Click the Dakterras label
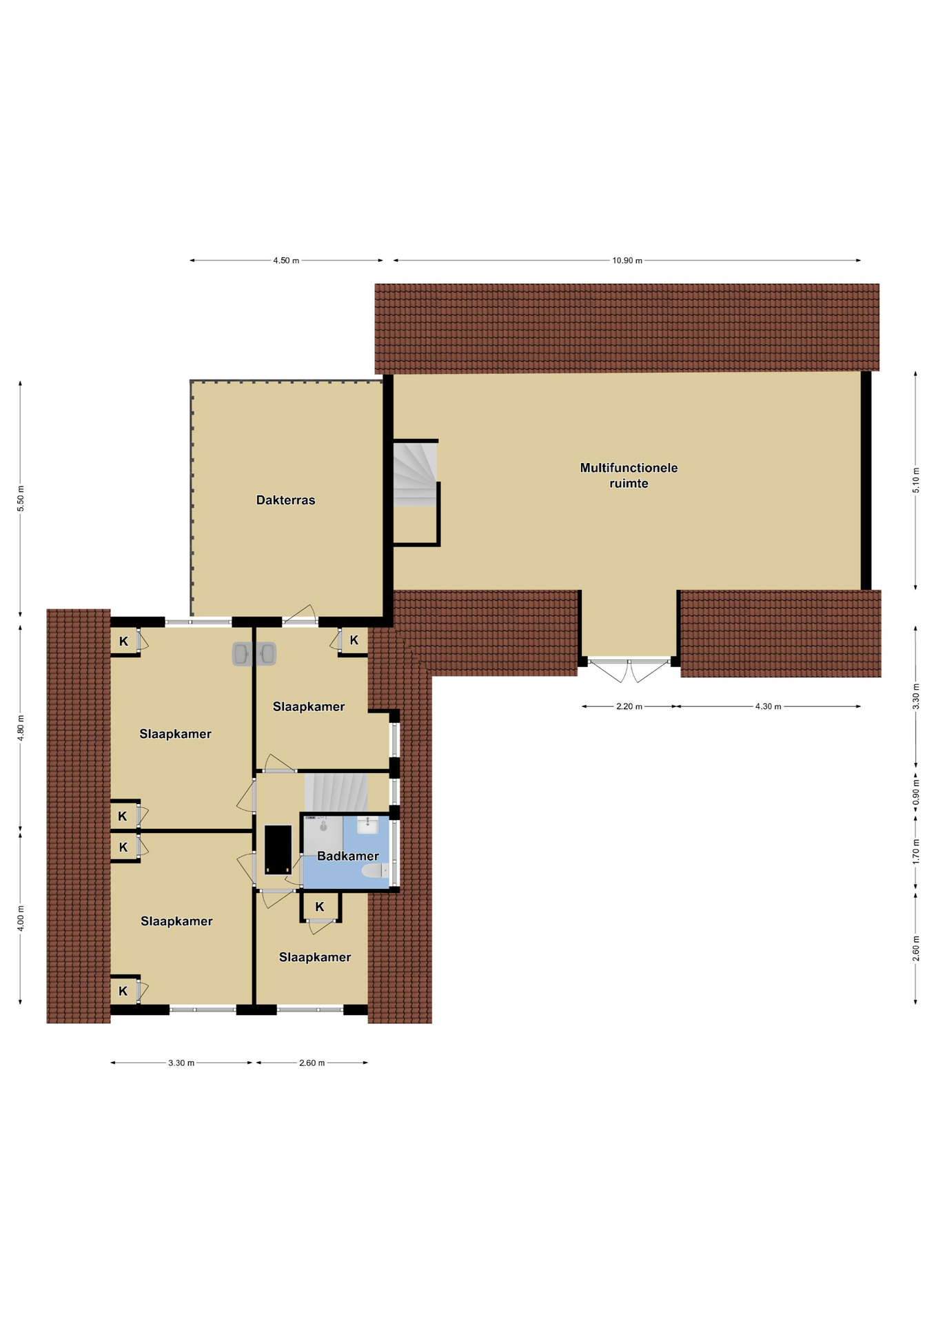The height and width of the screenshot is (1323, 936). pyautogui.click(x=285, y=500)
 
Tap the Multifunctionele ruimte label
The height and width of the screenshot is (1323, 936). pyautogui.click(x=629, y=475)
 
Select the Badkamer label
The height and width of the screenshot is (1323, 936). pyautogui.click(x=347, y=856)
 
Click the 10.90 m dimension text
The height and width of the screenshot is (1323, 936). pyautogui.click(x=627, y=260)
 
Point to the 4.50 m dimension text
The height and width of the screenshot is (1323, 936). pyautogui.click(x=286, y=260)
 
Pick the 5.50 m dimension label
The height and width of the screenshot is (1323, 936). pyautogui.click(x=21, y=498)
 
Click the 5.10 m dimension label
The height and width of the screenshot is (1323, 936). pyautogui.click(x=916, y=480)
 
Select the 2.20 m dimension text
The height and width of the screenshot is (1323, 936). pyautogui.click(x=629, y=706)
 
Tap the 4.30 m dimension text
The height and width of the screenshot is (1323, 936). pyautogui.click(x=768, y=706)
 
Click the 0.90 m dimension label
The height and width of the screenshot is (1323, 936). pyautogui.click(x=916, y=792)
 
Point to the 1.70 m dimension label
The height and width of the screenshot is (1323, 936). pyautogui.click(x=916, y=852)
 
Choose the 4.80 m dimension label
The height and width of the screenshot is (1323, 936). pyautogui.click(x=21, y=728)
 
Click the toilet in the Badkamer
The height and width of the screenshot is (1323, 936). pyautogui.click(x=376, y=871)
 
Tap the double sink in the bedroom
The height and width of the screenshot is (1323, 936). pyautogui.click(x=254, y=654)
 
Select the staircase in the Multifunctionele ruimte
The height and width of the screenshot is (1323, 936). pyautogui.click(x=415, y=475)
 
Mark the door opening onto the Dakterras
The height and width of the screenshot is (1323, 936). pyautogui.click(x=300, y=615)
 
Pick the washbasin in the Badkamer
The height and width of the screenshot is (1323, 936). pyautogui.click(x=367, y=824)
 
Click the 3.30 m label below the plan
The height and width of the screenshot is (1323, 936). pyautogui.click(x=181, y=1063)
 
